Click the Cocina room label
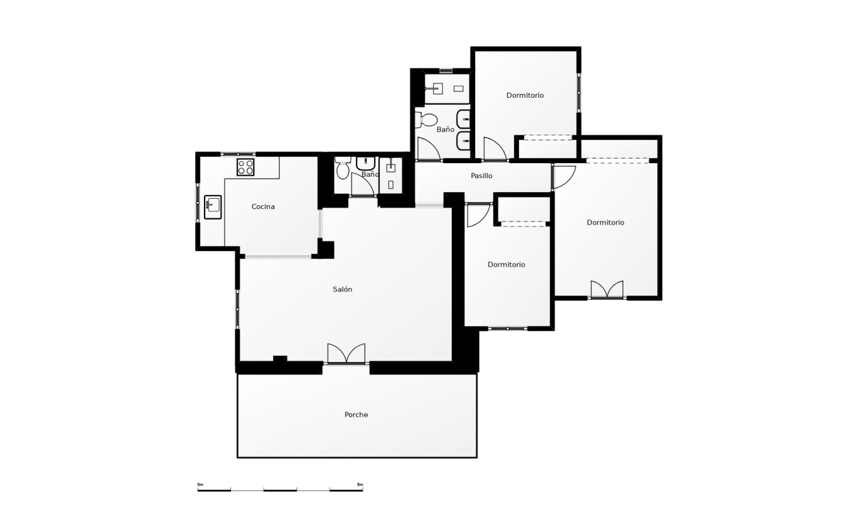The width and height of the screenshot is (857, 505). point(263,207)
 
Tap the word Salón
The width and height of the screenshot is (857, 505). point(342,289)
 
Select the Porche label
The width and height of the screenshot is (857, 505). point(356,415)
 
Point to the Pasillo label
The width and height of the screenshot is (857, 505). point(482,175)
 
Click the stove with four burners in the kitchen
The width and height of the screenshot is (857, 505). point(245,167)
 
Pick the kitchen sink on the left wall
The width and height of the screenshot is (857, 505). point(212,207)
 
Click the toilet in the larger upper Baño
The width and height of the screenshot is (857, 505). point(428,120)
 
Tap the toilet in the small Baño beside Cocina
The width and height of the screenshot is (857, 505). point(342,170)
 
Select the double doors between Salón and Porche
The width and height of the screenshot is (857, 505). point(346,353)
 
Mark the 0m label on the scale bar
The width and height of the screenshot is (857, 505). point(201,484)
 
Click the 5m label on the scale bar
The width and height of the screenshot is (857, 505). point(360,484)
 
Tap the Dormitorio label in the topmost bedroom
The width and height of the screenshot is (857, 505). point(525,95)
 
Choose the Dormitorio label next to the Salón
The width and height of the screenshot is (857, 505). point(506,265)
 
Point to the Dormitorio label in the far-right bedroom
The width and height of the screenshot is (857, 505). point(605,223)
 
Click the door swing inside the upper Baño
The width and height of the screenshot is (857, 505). point(428,150)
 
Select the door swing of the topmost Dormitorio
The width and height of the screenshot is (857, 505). point(494,148)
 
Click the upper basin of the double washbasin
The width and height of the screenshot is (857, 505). point(464,120)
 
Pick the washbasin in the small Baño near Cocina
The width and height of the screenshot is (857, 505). point(366,162)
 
